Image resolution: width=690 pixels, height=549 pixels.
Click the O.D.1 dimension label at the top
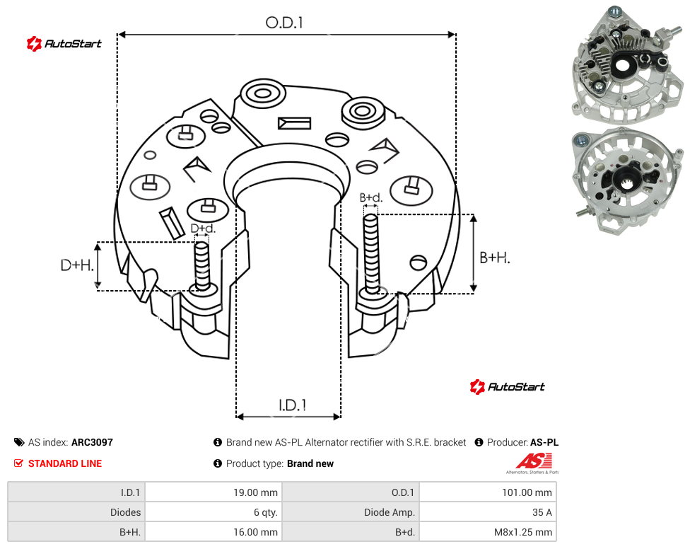pyautogui.click(x=284, y=23)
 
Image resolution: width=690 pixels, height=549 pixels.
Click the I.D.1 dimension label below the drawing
pyautogui.click(x=293, y=405)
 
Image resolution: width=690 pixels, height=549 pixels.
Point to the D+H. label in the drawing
pyautogui.click(x=77, y=265)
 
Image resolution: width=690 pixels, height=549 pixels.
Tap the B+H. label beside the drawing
pyautogui.click(x=495, y=258)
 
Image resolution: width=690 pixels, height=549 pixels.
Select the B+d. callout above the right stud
pyautogui.click(x=371, y=197)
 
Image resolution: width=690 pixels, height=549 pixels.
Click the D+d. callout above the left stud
pyautogui.click(x=203, y=229)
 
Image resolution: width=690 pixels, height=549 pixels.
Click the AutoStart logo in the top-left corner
pyautogui.click(x=64, y=44)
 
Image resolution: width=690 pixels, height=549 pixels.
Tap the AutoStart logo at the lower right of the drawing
pyautogui.click(x=507, y=387)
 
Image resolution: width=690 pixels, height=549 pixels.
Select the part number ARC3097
pyautogui.click(x=92, y=442)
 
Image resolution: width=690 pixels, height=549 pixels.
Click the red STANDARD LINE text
pyautogui.click(x=65, y=463)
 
